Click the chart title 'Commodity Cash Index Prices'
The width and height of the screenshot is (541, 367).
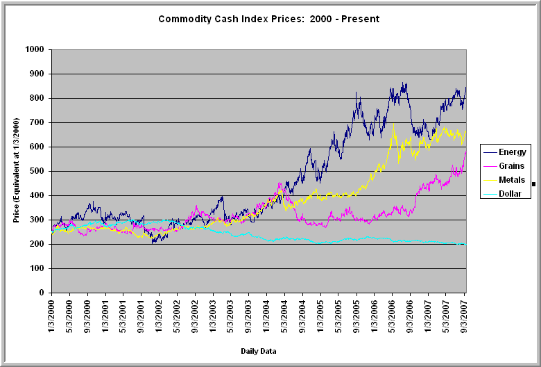coord(269,19)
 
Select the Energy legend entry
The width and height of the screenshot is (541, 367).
coord(512,152)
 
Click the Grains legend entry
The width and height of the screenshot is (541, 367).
coord(512,165)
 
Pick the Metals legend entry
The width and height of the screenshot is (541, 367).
coord(512,179)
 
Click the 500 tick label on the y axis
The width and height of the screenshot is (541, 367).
coord(35,171)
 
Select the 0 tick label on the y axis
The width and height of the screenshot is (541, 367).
coord(41,293)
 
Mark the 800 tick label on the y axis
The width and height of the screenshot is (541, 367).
coord(35,98)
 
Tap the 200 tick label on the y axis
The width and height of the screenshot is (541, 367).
coord(35,244)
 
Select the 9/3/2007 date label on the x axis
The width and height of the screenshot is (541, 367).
coord(465,317)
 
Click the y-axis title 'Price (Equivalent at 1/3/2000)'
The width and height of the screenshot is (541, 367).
coord(15,171)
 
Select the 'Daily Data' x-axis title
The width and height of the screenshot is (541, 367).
coord(259,352)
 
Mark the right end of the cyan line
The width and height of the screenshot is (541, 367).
coord(464,244)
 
